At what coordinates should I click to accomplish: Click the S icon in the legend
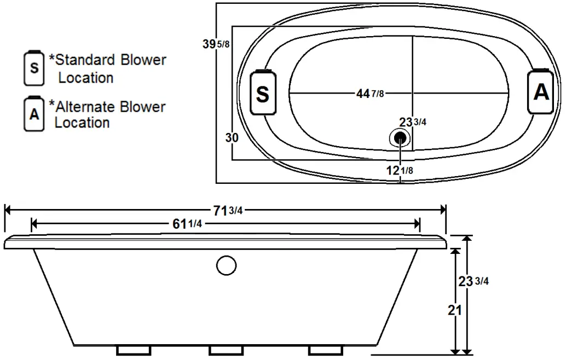(34, 68)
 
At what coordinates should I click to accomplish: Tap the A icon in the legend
(34, 114)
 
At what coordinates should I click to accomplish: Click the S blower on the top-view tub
(263, 94)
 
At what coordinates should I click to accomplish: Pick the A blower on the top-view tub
(541, 92)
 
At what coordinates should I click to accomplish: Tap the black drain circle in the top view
(401, 137)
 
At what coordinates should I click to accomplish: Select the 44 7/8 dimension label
(370, 94)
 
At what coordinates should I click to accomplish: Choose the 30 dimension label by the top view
(232, 138)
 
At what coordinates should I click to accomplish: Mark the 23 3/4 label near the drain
(413, 122)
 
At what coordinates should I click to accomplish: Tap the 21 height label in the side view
(454, 310)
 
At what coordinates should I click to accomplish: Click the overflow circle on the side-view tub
(226, 265)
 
